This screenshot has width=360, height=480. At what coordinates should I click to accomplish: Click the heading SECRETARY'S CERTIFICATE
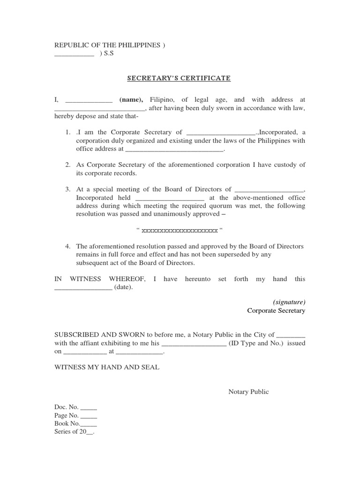click(179, 78)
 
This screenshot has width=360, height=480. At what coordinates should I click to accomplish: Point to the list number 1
click(68, 133)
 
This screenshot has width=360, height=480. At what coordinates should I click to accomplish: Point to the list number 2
click(68, 165)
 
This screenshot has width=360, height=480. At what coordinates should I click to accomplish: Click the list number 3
click(68, 189)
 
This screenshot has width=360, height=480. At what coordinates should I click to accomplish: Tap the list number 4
click(68, 247)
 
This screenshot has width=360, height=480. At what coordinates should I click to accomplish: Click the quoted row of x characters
click(180, 231)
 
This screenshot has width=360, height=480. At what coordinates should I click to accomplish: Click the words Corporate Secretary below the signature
click(276, 310)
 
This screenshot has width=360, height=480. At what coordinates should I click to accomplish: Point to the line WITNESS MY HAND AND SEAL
click(107, 367)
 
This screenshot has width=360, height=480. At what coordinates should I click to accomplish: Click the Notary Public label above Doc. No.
click(248, 392)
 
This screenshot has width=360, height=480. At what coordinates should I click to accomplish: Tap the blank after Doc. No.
click(89, 408)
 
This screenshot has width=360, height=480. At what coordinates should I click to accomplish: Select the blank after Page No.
click(89, 416)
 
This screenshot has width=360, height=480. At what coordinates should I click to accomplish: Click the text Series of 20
click(74, 432)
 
